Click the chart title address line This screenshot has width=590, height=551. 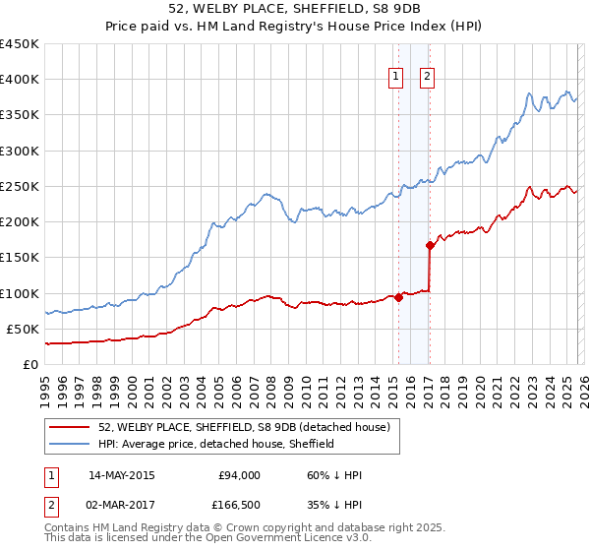coord(295,9)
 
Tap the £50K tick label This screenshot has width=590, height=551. coord(23,329)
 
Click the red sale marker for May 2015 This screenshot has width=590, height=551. coord(398,298)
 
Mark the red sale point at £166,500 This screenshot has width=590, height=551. coord(430,246)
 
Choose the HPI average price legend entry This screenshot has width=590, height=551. coord(216,444)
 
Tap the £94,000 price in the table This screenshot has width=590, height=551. coord(239,475)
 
